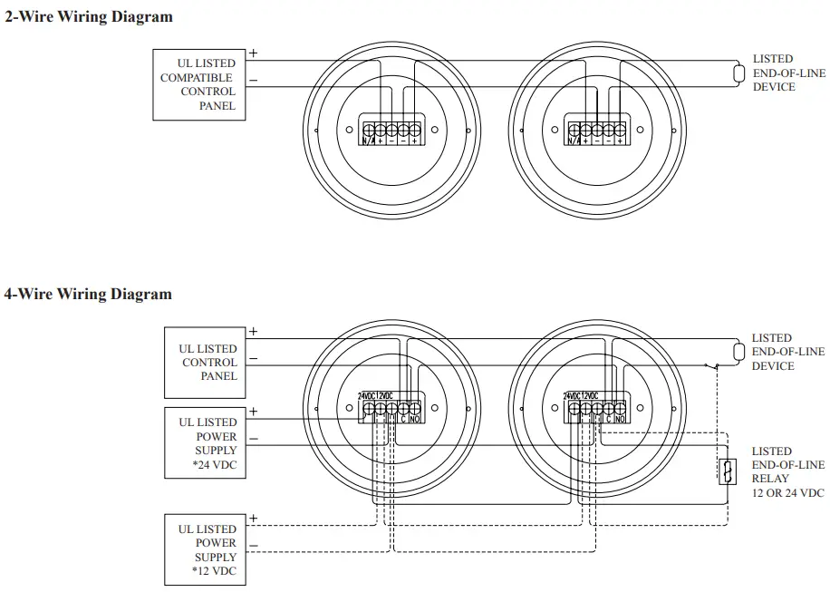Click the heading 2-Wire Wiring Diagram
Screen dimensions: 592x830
point(89,17)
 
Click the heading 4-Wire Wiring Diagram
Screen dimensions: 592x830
point(88,294)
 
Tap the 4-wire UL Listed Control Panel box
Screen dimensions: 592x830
point(205,363)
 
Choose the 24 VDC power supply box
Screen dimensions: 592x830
point(205,443)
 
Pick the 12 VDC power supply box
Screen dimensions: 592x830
point(205,549)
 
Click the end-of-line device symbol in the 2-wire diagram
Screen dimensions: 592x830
point(735,73)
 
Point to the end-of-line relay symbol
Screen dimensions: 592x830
point(726,471)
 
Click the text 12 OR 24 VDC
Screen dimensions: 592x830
point(787,493)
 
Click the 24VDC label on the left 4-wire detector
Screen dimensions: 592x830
point(366,396)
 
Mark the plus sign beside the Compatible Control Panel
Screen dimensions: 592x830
point(253,53)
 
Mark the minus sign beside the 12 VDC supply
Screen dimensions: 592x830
point(253,545)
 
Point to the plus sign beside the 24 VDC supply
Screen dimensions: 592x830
point(253,412)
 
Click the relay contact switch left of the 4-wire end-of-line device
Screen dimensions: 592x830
point(711,365)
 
